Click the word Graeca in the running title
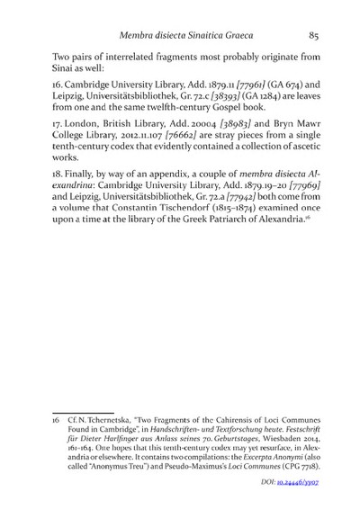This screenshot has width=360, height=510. point(255,37)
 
